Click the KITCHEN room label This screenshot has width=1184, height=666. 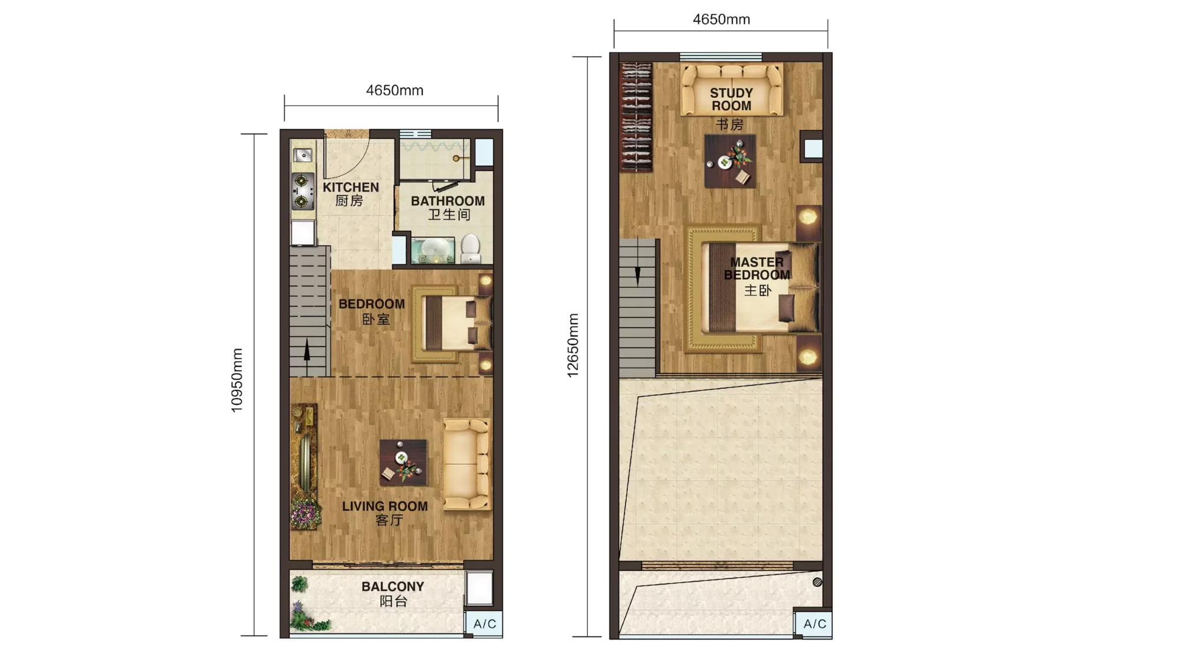pyautogui.click(x=350, y=193)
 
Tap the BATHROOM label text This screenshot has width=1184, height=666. pyautogui.click(x=448, y=207)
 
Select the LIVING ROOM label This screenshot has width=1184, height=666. pyautogui.click(x=385, y=512)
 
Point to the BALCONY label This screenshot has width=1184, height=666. pyautogui.click(x=393, y=593)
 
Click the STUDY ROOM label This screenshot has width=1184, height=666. pyautogui.click(x=731, y=100)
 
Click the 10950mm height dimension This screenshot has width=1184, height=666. pyautogui.click(x=237, y=380)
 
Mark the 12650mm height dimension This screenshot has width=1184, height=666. pyautogui.click(x=573, y=346)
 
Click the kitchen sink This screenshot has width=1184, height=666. pyautogui.click(x=302, y=155)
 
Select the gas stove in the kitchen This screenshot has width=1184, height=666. pyautogui.click(x=302, y=191)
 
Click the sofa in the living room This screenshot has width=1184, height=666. pyautogui.click(x=466, y=464)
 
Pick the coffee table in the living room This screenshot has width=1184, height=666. pyautogui.click(x=403, y=462)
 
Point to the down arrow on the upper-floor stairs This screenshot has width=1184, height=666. pyautogui.click(x=637, y=274)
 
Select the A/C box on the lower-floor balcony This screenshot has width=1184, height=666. pyautogui.click(x=484, y=624)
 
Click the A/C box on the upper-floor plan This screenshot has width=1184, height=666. pyautogui.click(x=814, y=624)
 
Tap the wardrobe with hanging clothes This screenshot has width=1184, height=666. pyautogui.click(x=636, y=117)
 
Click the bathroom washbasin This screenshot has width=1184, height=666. pyautogui.click(x=433, y=250)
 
